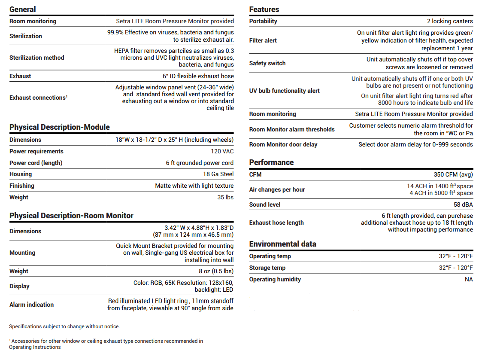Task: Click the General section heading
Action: click(x=23, y=9)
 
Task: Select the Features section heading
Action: click(x=264, y=9)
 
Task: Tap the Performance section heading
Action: click(x=271, y=162)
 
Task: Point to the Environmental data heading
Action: click(x=282, y=244)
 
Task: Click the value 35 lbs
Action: click(x=225, y=197)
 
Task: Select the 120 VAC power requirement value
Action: click(x=222, y=151)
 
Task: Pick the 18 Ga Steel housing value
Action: click(x=218, y=174)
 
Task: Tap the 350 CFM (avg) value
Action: click(x=453, y=174)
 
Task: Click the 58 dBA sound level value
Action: click(x=463, y=204)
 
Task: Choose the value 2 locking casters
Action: click(x=450, y=21)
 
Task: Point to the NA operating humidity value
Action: click(x=469, y=279)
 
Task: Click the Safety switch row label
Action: click(x=267, y=63)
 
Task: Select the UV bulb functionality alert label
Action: click(x=284, y=91)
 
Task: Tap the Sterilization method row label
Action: click(x=36, y=58)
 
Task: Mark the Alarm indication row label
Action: click(x=31, y=305)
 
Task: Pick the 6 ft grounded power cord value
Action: click(x=200, y=163)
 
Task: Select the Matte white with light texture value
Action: click(x=194, y=186)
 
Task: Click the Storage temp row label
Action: click(x=267, y=268)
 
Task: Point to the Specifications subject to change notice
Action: click(x=64, y=326)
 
